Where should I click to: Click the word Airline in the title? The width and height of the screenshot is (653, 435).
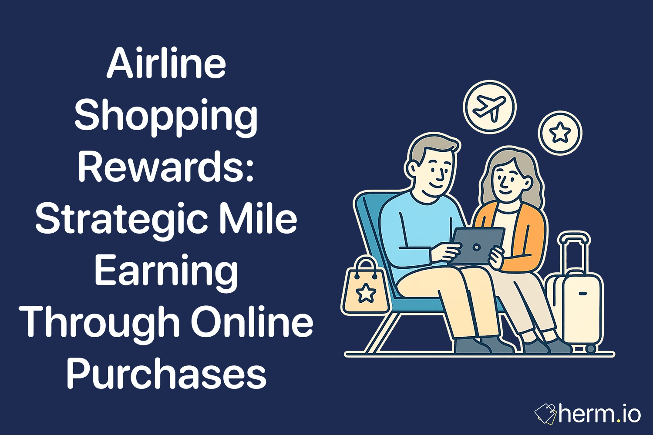click(166, 64)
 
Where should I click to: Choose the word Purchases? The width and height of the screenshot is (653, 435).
click(166, 374)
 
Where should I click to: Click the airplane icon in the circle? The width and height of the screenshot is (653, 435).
click(489, 107)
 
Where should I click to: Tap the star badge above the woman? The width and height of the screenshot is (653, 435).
click(560, 133)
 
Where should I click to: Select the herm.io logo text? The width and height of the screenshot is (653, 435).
click(600, 414)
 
